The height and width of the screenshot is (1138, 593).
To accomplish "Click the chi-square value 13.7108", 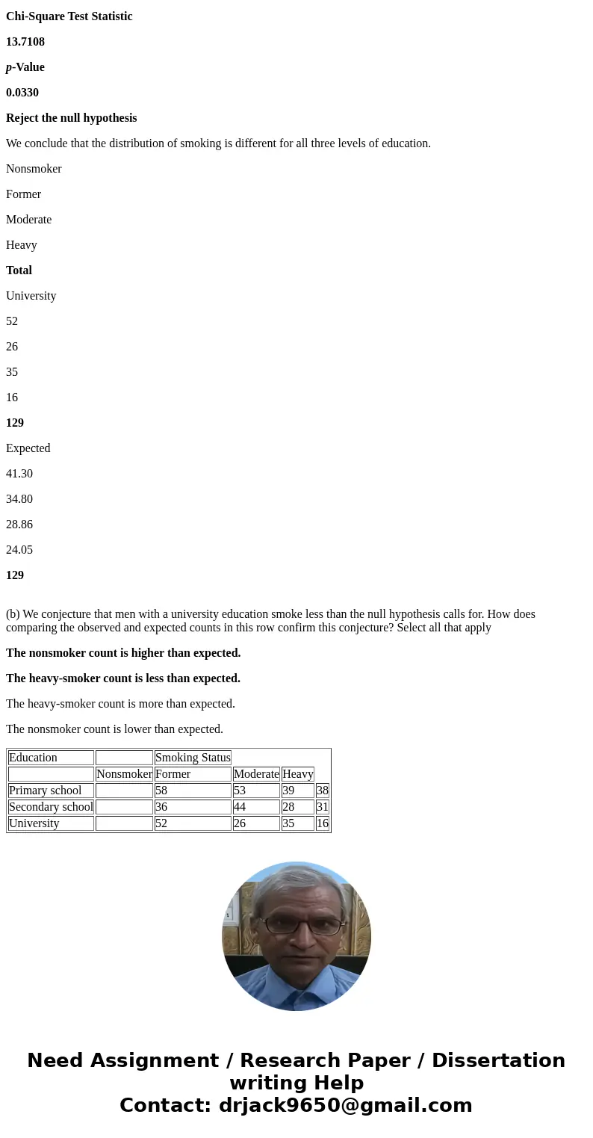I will click(x=25, y=42).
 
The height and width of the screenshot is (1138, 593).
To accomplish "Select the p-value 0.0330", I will click(x=22, y=93).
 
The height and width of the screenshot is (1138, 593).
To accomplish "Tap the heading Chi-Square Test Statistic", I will click(x=69, y=16).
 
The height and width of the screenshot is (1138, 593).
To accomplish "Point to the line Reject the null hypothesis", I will click(x=72, y=118).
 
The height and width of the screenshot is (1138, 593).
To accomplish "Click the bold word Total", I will click(x=19, y=270).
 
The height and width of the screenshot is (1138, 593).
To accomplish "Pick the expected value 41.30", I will click(x=19, y=474).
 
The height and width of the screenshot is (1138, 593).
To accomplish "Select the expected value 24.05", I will click(x=19, y=550).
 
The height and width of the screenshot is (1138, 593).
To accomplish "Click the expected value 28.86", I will click(x=19, y=525).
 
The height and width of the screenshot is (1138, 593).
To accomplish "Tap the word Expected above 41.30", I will click(x=28, y=448).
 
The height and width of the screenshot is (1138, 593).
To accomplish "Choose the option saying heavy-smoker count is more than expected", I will click(x=120, y=704).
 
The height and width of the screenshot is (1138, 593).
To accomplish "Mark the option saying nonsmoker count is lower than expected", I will click(x=114, y=729).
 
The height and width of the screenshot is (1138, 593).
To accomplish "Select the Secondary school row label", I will click(x=51, y=807).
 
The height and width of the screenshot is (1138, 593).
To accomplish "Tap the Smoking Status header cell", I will click(x=193, y=758).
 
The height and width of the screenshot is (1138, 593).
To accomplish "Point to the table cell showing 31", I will click(x=323, y=807).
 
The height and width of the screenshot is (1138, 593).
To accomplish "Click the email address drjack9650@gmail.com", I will click(x=345, y=1105).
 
